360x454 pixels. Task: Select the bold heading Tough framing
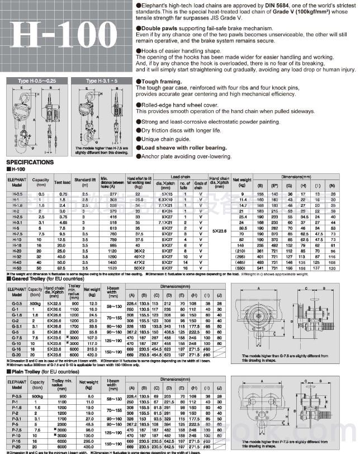[158, 81]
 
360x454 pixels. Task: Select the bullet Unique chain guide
[162, 139]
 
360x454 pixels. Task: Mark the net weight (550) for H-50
[241, 268]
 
